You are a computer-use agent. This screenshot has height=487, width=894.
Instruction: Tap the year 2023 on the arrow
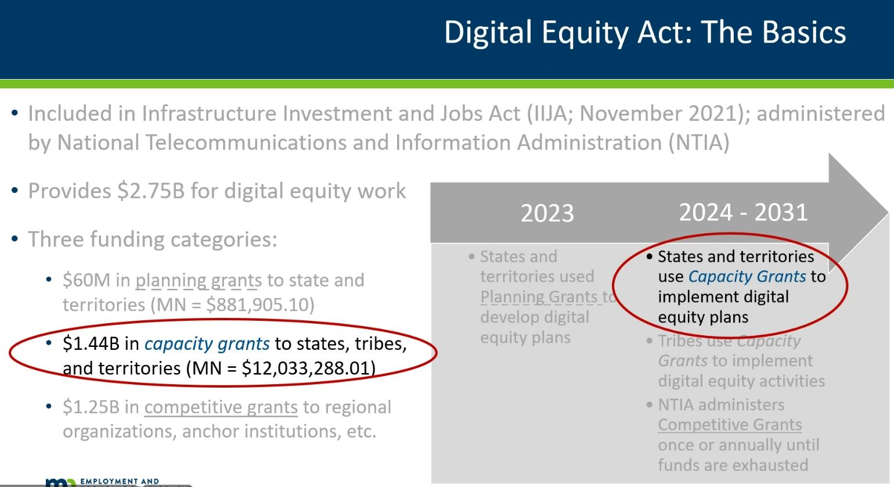click(547, 213)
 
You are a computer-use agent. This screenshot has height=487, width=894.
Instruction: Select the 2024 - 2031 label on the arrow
click(744, 212)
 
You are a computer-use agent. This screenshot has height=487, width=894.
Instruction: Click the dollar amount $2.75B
click(151, 191)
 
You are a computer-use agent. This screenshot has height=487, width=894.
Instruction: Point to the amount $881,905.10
click(260, 305)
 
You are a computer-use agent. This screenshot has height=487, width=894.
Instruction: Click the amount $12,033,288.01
click(308, 368)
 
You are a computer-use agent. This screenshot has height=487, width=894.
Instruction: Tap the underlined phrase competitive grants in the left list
click(221, 407)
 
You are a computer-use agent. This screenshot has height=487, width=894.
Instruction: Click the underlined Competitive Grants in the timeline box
click(730, 425)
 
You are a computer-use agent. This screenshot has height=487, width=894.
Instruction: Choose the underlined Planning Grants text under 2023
click(539, 297)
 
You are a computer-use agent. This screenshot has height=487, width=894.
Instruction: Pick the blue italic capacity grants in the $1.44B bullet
click(207, 344)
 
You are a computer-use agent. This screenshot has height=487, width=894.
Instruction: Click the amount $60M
click(86, 280)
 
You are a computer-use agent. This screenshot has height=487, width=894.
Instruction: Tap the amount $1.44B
click(91, 343)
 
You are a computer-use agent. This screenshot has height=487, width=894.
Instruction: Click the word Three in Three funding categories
click(56, 239)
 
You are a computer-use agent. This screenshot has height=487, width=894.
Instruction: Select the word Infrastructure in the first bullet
click(211, 113)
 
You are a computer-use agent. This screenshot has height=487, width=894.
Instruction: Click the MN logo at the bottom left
click(60, 482)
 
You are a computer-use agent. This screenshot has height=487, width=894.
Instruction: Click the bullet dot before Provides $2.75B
click(15, 190)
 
